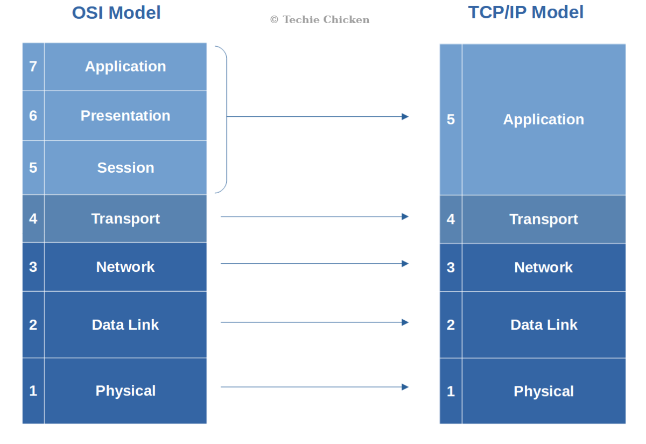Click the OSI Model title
116,13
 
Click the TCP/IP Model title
525,12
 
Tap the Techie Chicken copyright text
319,20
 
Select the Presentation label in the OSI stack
125,116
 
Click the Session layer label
125,167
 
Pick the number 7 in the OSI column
33,66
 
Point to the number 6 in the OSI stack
33,116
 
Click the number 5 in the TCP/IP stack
451,119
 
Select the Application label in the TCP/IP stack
543,119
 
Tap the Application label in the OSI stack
125,66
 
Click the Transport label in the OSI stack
125,219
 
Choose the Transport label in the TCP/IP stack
543,219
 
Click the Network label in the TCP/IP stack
543,267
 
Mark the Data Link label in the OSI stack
125,325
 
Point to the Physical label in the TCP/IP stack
543,391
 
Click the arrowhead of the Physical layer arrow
405,387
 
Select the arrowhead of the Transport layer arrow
405,216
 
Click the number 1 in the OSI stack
33,391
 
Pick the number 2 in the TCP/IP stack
451,325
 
